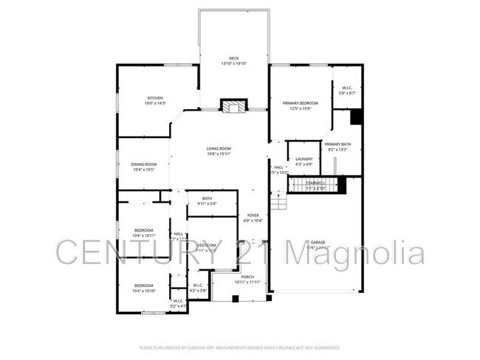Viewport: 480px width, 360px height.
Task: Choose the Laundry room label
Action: [304, 161]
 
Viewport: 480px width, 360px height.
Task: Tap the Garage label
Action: [318, 244]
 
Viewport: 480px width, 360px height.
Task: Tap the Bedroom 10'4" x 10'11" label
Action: [143, 232]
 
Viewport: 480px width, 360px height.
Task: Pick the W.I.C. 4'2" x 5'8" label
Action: [198, 288]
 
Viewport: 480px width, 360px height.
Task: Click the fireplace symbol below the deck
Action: [234, 107]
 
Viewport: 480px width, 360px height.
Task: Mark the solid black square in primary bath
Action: [355, 117]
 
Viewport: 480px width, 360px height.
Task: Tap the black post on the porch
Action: [235, 299]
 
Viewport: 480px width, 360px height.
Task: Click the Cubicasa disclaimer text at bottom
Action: [239, 347]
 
